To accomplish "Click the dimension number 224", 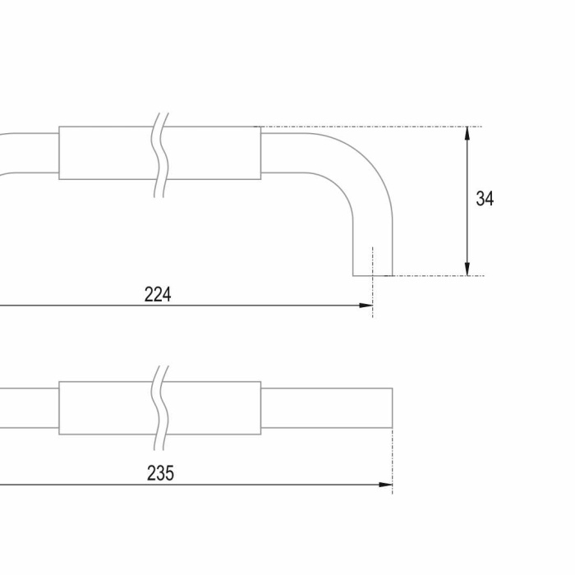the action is point(158,294).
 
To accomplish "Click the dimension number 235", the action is point(161,473).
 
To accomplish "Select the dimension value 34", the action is point(485,199).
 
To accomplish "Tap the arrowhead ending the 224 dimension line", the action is point(366,306).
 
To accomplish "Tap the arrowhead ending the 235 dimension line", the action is point(385,485).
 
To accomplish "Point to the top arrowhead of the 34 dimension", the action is point(467,133).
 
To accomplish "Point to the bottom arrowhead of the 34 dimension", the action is point(467,269).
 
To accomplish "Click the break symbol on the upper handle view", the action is point(160,154).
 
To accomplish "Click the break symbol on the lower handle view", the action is point(160,407).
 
